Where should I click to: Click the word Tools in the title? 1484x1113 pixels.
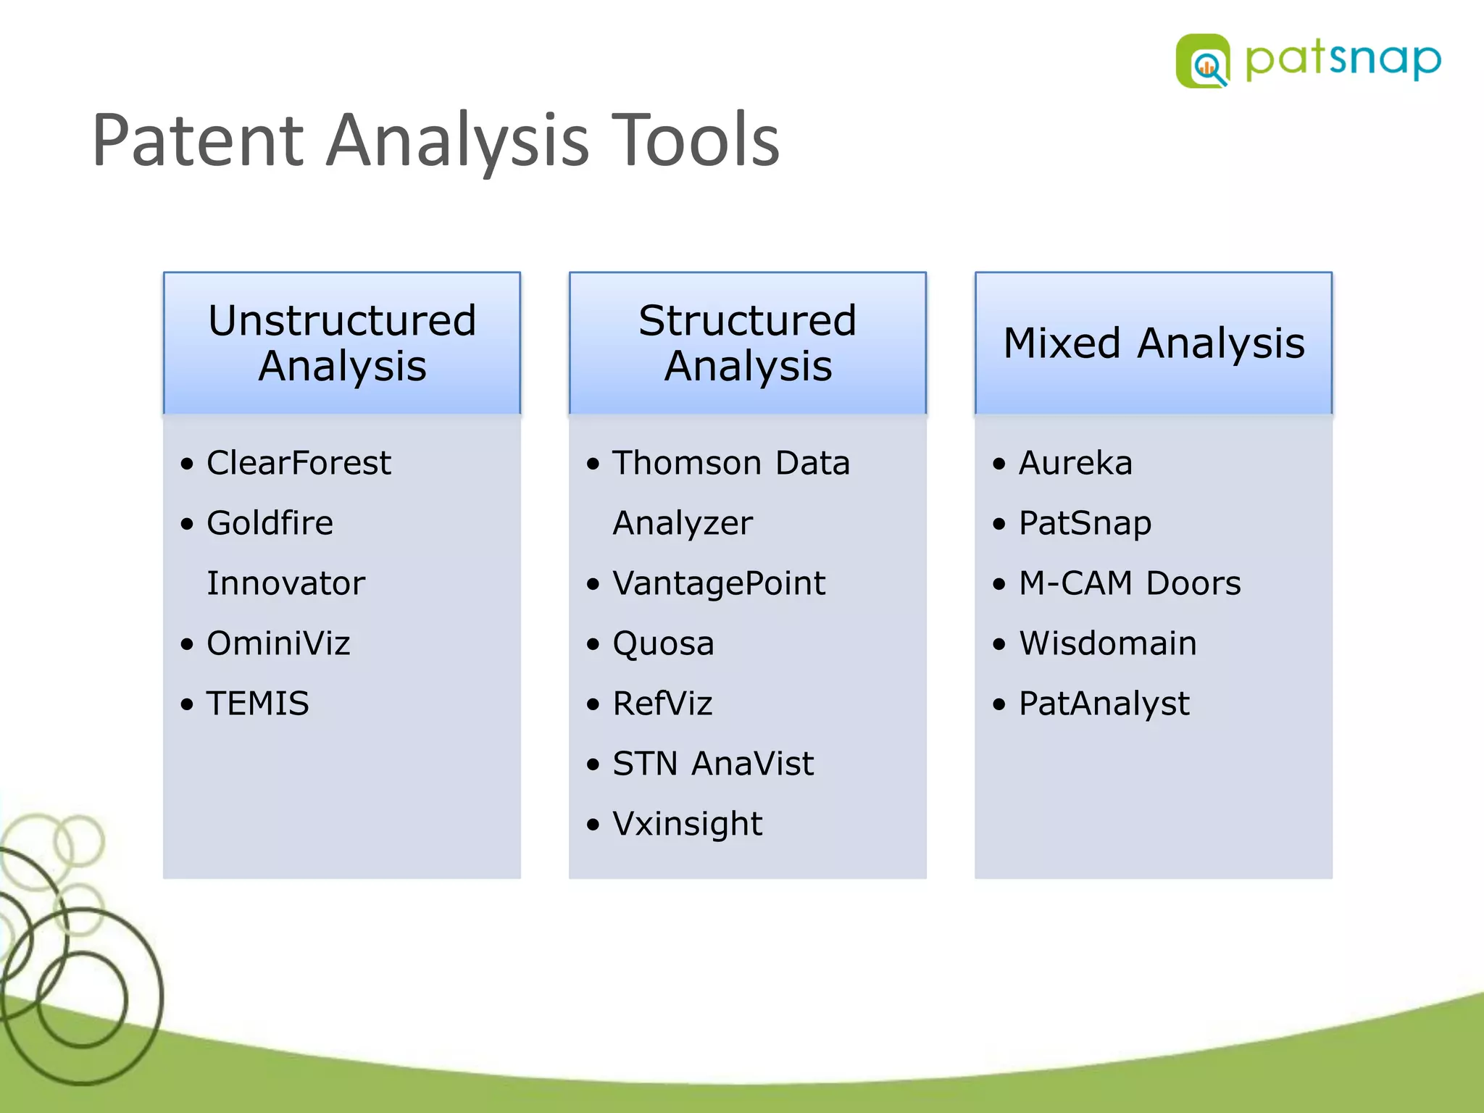pyautogui.click(x=696, y=141)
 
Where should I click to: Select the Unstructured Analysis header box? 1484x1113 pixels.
pyautogui.click(x=342, y=343)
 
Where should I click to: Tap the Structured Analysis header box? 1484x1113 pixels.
pyautogui.click(x=747, y=343)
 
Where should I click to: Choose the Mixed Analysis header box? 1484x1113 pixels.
pyautogui.click(x=1153, y=343)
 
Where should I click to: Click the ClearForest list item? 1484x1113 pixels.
pyautogui.click(x=299, y=463)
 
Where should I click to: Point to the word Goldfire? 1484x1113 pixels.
pyautogui.click(x=270, y=523)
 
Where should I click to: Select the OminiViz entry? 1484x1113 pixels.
pyautogui.click(x=278, y=643)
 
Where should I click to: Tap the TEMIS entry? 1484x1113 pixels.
pyautogui.click(x=257, y=704)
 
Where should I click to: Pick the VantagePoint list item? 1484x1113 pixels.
pyautogui.click(x=718, y=583)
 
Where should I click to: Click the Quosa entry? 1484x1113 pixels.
pyautogui.click(x=663, y=643)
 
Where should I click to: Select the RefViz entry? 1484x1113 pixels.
pyautogui.click(x=662, y=704)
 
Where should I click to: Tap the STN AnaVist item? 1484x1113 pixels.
pyautogui.click(x=712, y=764)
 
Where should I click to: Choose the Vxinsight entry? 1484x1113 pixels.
pyautogui.click(x=687, y=824)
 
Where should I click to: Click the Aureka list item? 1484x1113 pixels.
pyautogui.click(x=1075, y=463)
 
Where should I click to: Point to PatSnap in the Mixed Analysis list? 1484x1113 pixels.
pyautogui.click(x=1085, y=523)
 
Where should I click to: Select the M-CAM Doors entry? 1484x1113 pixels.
pyautogui.click(x=1130, y=583)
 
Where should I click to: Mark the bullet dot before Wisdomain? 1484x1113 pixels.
pyautogui.click(x=1000, y=644)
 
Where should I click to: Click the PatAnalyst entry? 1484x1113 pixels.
pyautogui.click(x=1104, y=704)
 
